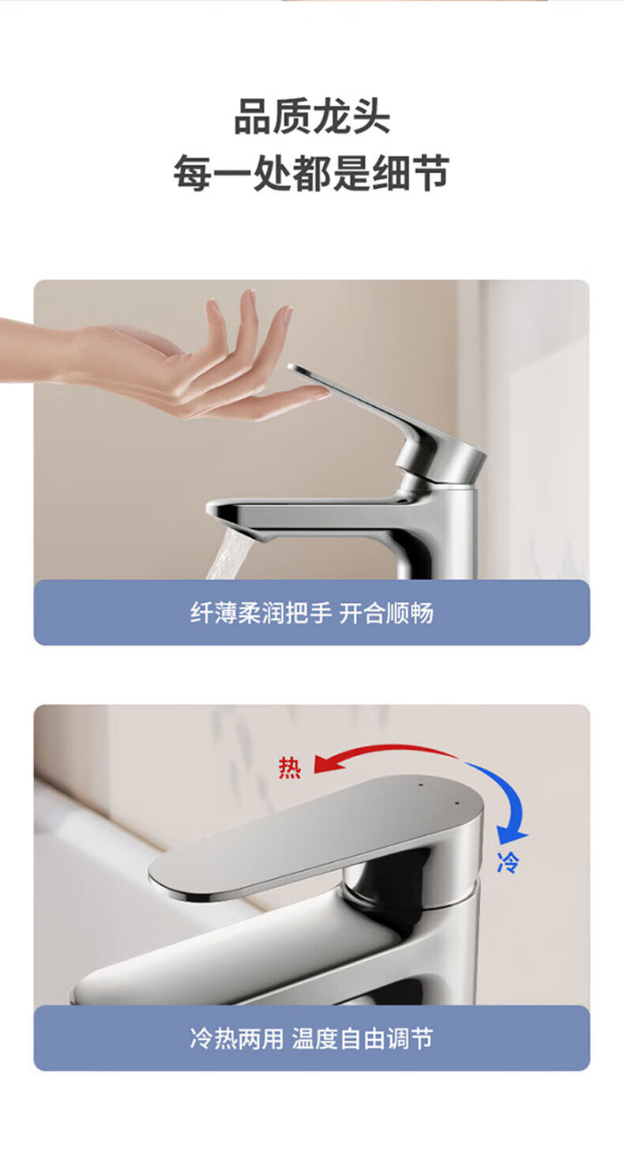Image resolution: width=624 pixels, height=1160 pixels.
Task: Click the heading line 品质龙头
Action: coord(312,117)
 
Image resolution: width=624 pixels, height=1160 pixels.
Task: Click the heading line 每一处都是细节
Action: coord(311,173)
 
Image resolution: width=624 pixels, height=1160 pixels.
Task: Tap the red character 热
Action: coord(290,767)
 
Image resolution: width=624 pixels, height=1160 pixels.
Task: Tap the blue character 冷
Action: coord(507,862)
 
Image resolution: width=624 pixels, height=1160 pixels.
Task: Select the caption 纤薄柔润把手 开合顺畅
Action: coord(312,612)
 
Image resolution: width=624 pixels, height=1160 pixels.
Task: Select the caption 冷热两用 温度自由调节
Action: coord(312,1038)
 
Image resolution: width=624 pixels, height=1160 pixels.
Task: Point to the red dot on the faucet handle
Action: coord(420,785)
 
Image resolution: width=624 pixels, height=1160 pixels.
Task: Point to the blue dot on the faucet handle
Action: coord(457,803)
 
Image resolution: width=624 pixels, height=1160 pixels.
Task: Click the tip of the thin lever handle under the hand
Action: coord(291,367)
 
